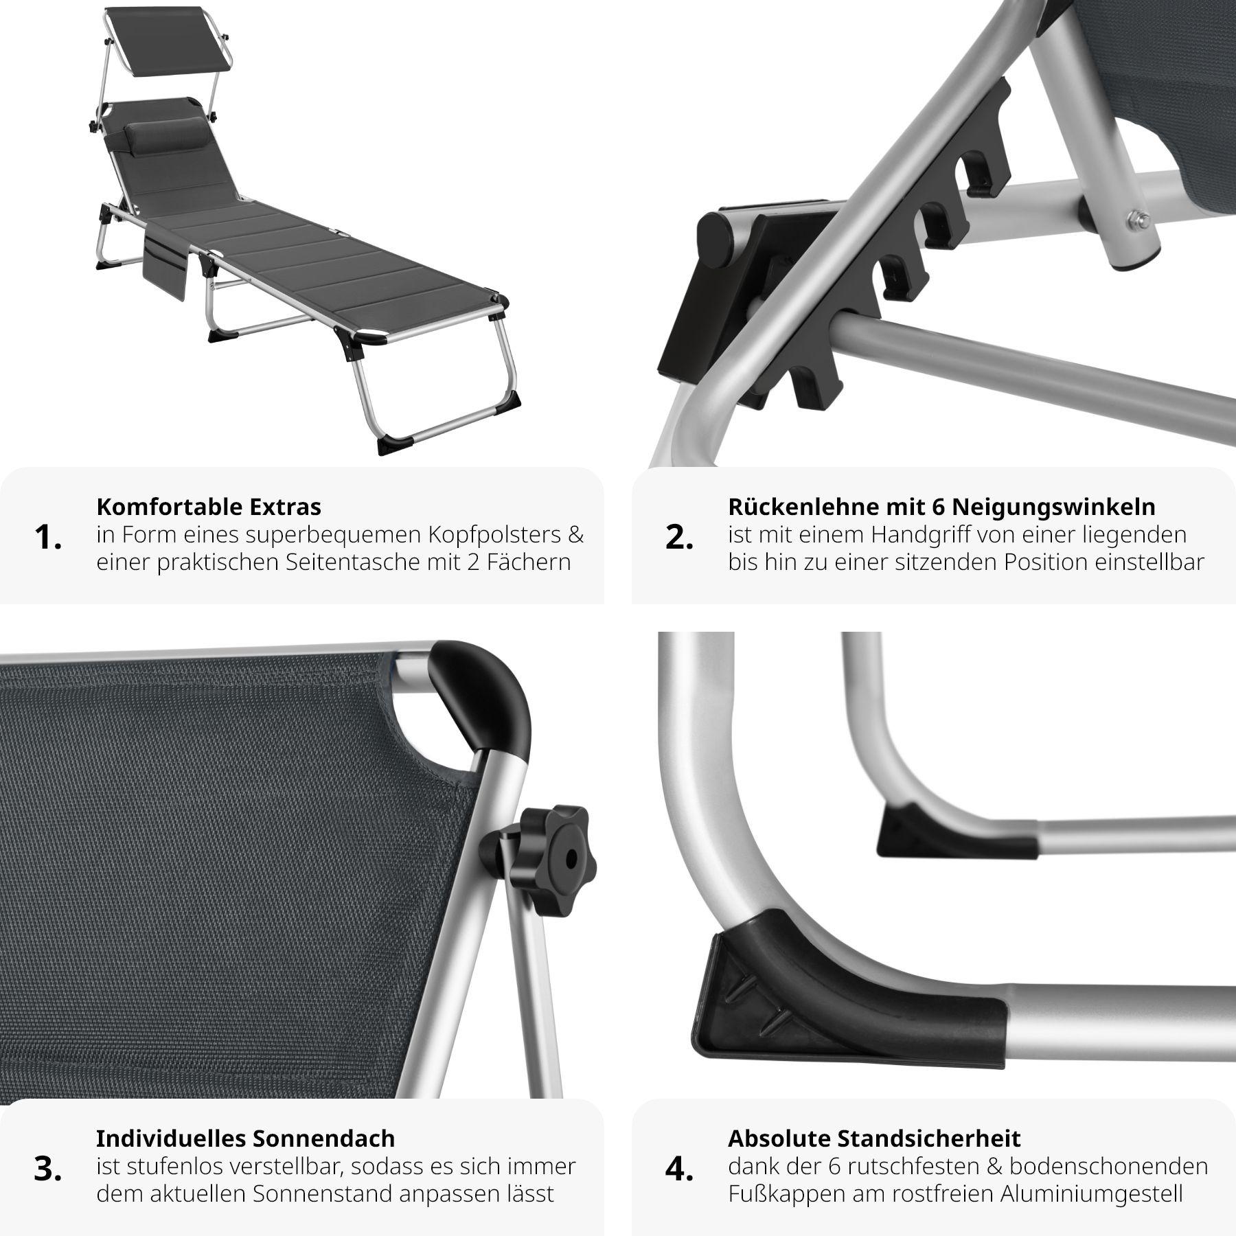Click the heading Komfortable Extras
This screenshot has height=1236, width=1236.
[209, 507]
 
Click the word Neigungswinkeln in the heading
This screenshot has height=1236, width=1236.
[1053, 507]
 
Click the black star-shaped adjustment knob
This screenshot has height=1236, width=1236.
[554, 860]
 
